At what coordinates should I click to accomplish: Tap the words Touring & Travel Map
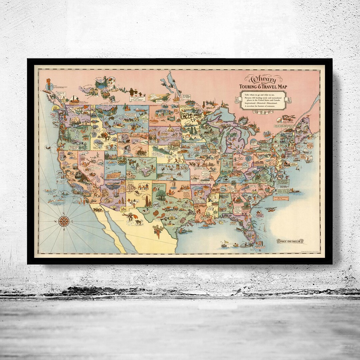click(x=263, y=87)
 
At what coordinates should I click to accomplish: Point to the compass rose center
click(x=64, y=221)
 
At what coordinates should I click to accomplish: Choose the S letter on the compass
click(x=64, y=230)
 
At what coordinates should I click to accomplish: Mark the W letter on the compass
click(x=56, y=221)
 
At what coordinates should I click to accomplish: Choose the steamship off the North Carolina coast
click(x=292, y=191)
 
